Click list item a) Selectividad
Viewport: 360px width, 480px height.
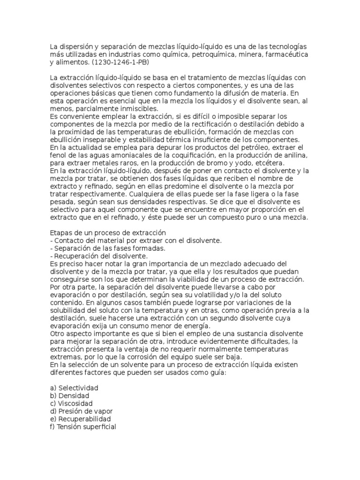74,388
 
